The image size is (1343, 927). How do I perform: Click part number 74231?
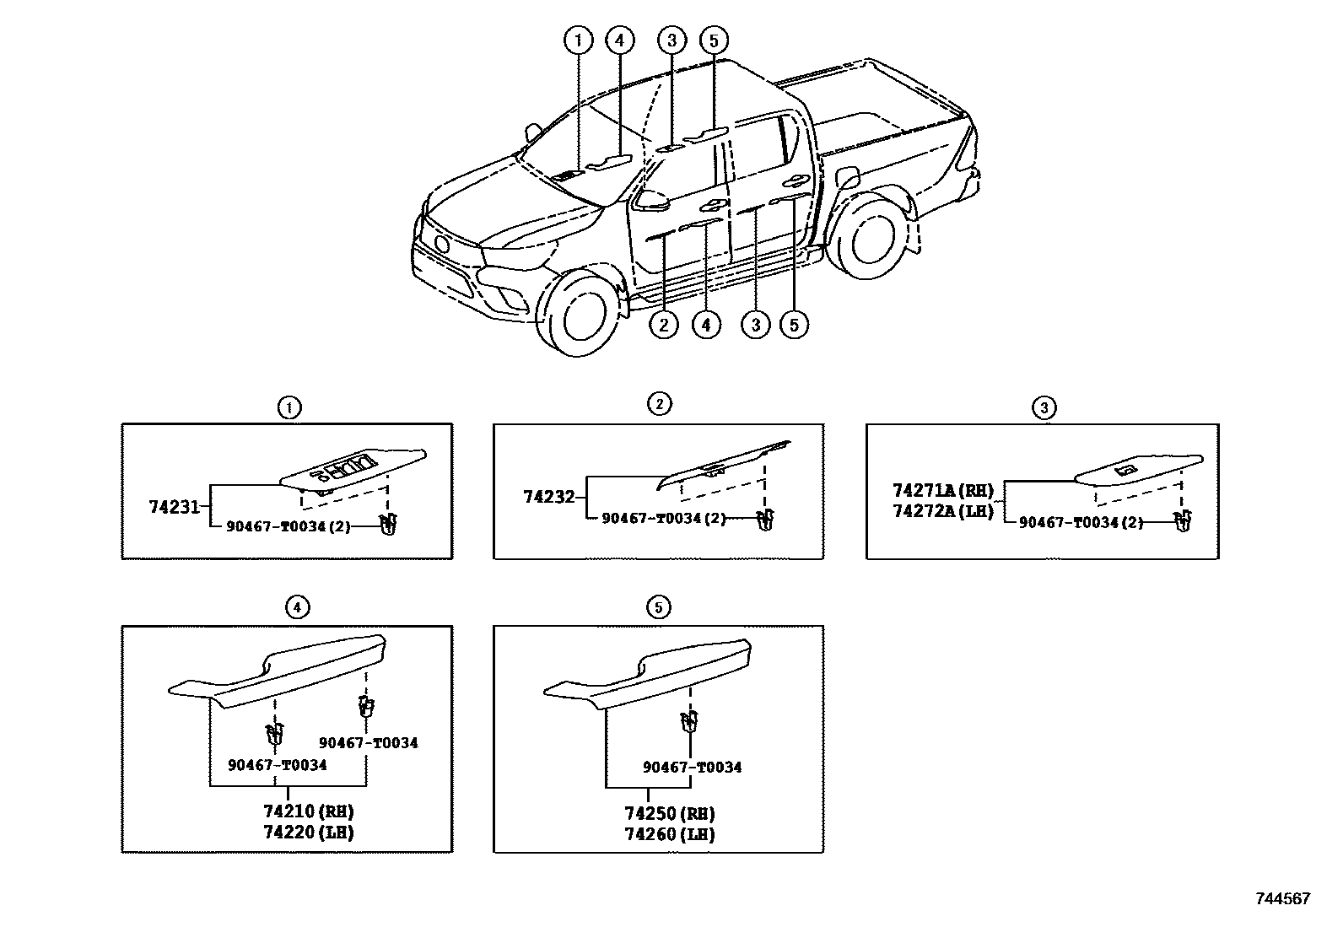(x=174, y=507)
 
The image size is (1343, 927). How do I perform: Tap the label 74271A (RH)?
(x=943, y=490)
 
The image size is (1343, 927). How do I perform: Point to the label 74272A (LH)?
(x=943, y=511)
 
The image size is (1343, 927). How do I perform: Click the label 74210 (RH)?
(x=307, y=811)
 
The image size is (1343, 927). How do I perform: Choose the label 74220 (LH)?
(x=307, y=833)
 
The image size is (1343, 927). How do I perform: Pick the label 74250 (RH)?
(x=669, y=813)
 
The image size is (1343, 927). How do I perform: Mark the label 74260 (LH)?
(x=669, y=834)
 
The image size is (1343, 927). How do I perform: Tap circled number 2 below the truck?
(x=664, y=325)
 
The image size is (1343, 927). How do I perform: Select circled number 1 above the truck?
(x=578, y=40)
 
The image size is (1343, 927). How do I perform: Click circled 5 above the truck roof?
(x=713, y=40)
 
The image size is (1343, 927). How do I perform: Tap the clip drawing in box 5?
(x=689, y=722)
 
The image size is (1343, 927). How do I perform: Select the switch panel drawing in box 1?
(x=354, y=467)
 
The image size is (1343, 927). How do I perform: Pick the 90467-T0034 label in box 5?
(x=692, y=767)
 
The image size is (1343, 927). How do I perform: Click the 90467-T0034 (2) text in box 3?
(x=1081, y=522)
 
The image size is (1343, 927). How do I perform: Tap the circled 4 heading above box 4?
(x=296, y=606)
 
